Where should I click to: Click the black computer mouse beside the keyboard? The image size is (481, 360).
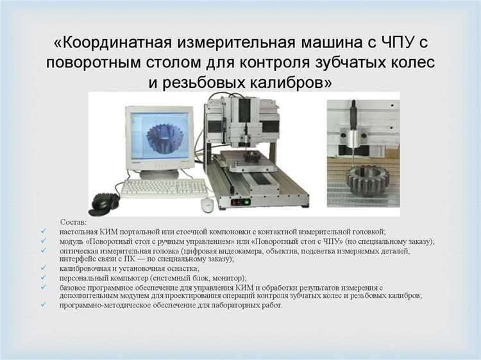(105, 202)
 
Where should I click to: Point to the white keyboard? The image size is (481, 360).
(164, 187)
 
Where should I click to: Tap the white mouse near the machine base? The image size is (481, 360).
(207, 203)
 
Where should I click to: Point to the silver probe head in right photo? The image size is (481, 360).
(355, 135)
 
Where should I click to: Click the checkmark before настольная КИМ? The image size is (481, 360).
(42, 230)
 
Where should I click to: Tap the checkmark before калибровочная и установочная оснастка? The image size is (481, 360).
(42, 268)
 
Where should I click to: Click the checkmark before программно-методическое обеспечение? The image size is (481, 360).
(42, 305)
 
